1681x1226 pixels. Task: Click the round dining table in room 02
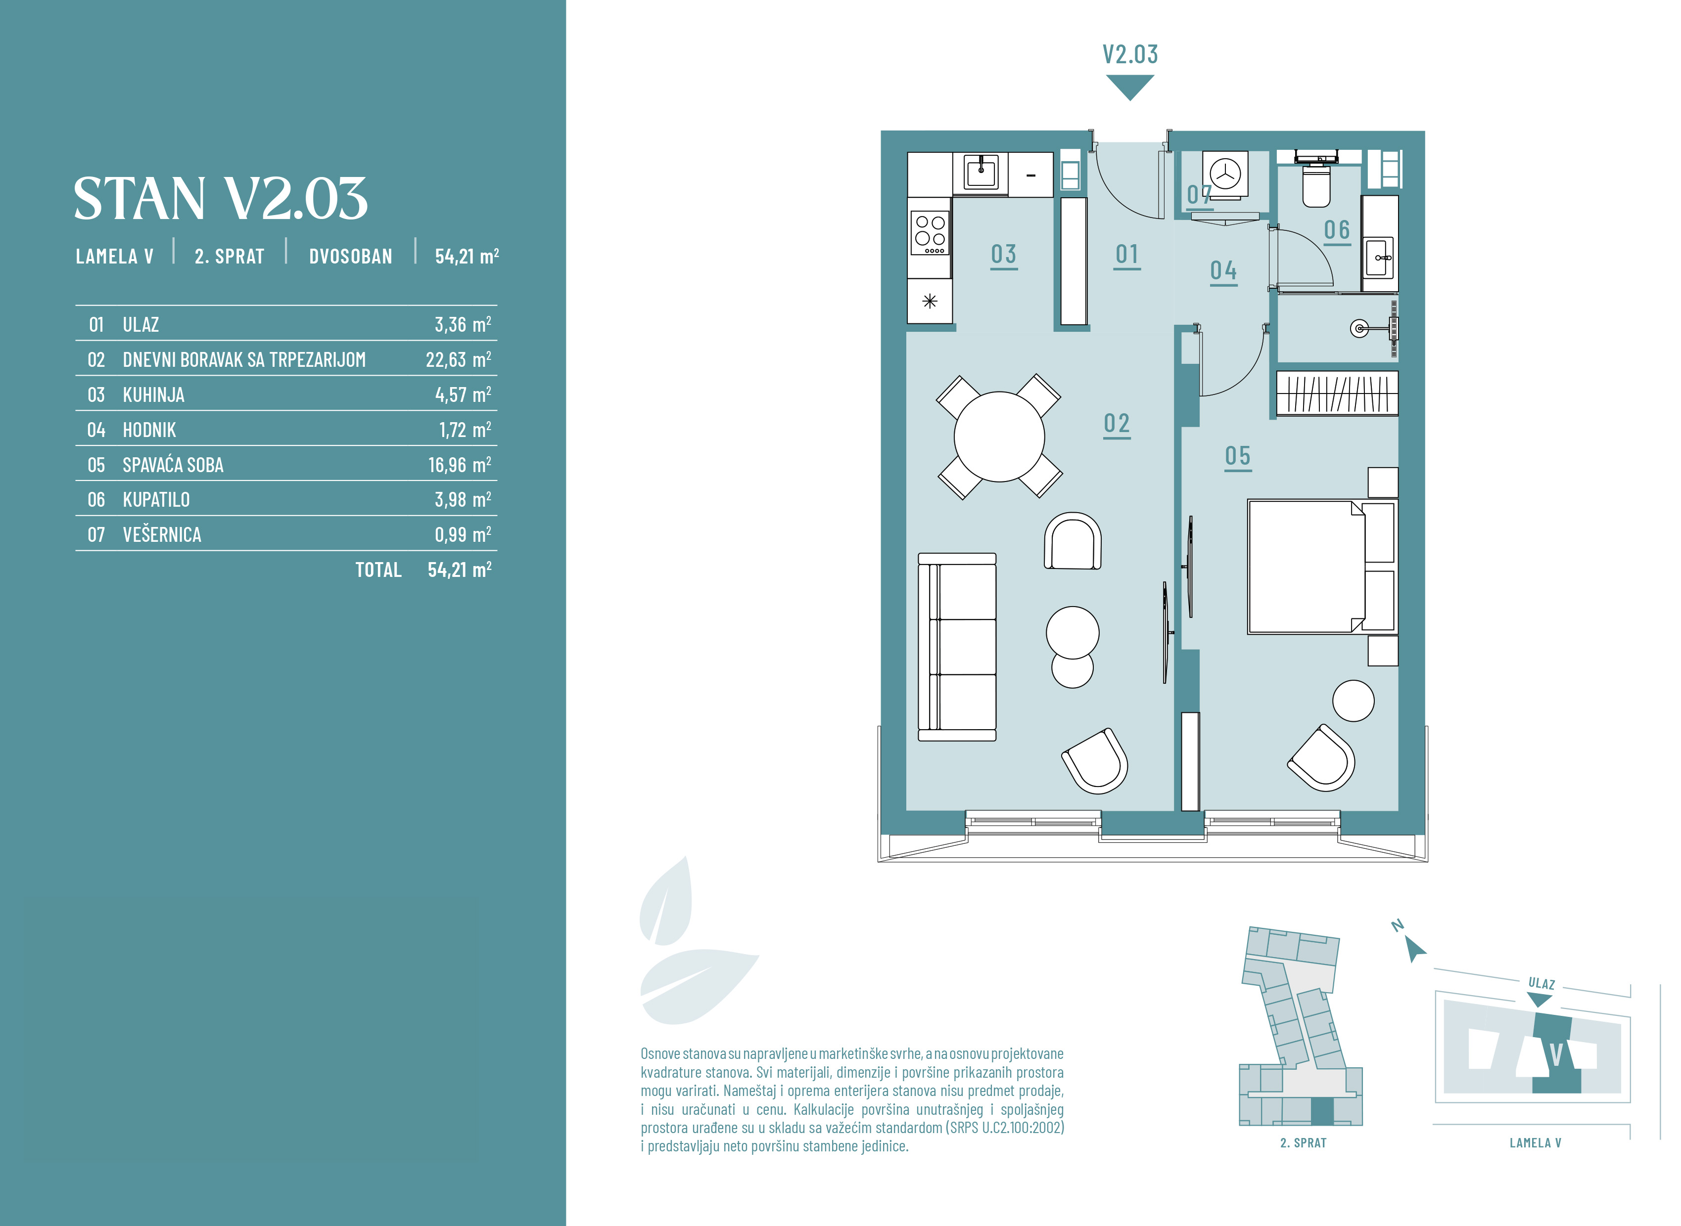click(999, 437)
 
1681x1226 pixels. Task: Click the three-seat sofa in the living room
click(957, 647)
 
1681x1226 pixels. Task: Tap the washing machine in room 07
click(1225, 175)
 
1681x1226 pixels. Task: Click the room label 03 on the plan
click(1004, 255)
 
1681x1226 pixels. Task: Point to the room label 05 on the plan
click(1238, 456)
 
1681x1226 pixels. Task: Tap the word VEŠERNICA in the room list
click(162, 534)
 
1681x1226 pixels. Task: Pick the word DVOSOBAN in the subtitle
click(350, 256)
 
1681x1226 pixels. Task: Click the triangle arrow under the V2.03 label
click(1130, 86)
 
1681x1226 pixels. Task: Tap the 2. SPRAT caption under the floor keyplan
click(1303, 1143)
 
